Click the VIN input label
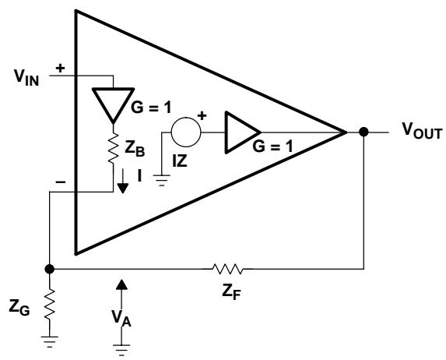point(26,77)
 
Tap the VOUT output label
point(422,130)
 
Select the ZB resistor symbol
point(113,147)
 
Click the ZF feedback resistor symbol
point(228,269)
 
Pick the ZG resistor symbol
point(50,304)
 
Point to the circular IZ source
point(186,132)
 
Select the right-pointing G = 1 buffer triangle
point(243,132)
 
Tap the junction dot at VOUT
point(363,132)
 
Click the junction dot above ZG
point(50,269)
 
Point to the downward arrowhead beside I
point(123,189)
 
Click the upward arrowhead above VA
point(121,284)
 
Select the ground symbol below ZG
point(50,342)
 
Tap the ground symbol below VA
point(121,351)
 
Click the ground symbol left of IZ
point(162,180)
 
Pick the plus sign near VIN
point(60,69)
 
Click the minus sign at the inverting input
point(60,182)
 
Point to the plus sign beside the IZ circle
point(202,116)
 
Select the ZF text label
point(231,292)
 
